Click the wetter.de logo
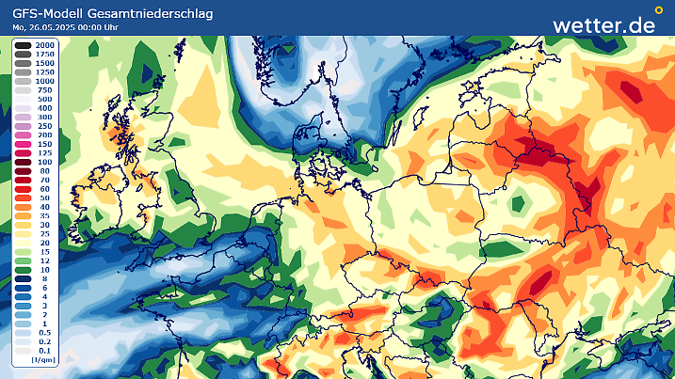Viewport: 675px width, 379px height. coord(603,25)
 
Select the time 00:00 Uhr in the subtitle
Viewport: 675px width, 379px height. coord(109,27)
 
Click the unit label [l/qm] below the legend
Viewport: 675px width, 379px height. coord(40,359)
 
